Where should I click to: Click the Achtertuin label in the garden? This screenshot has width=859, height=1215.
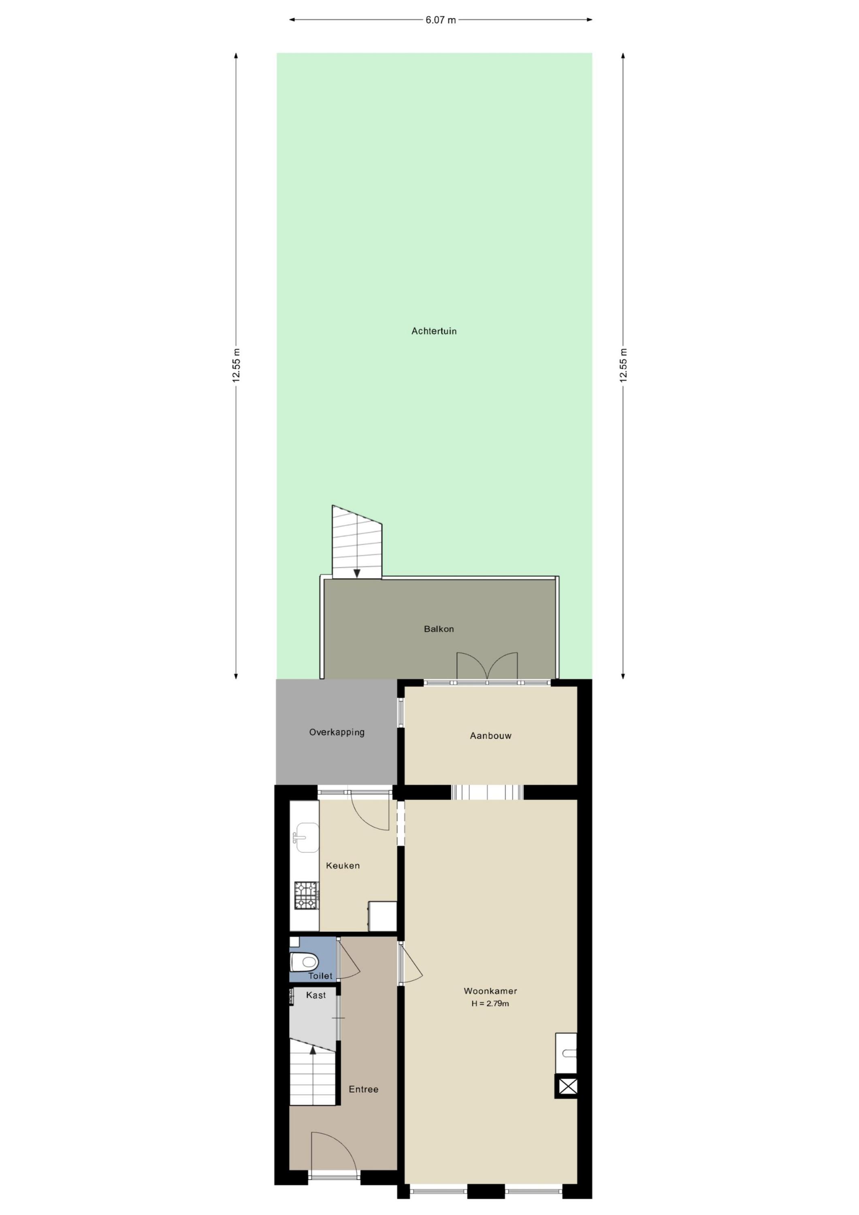point(434,331)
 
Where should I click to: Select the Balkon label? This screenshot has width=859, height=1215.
point(439,629)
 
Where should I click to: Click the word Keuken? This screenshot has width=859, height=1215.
point(343,866)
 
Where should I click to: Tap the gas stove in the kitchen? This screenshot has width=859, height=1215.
point(307,895)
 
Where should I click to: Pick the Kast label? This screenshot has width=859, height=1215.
point(316,995)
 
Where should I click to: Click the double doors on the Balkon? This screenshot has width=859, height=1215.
point(487,666)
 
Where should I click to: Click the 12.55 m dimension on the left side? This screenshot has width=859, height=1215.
point(236,366)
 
